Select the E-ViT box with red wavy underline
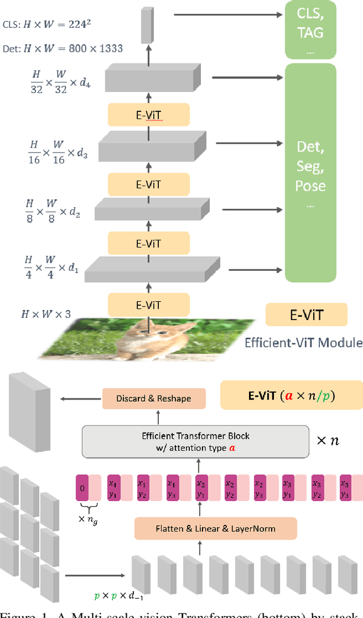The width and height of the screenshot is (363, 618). pos(149,116)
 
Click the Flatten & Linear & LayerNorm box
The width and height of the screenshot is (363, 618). pos(215,528)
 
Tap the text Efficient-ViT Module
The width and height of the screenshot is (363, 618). pos(303,342)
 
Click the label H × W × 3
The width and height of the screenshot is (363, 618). pos(46,313)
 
